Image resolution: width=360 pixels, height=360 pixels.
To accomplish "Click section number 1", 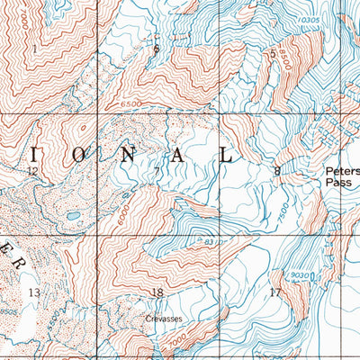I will click(35, 49).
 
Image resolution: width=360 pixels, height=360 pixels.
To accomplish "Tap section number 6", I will click(157, 49).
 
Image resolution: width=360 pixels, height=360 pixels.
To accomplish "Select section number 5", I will click(273, 54).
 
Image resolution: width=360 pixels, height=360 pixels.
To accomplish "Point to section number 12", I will click(32, 170).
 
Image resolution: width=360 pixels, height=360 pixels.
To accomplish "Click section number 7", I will click(157, 171).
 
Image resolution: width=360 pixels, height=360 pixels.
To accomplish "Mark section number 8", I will click(277, 170).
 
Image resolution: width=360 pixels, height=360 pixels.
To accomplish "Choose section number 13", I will click(34, 293).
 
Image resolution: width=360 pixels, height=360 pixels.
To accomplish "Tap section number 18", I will click(157, 292).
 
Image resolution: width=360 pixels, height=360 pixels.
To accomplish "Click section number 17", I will click(274, 292).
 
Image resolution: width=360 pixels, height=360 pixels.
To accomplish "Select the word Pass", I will click(336, 181).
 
